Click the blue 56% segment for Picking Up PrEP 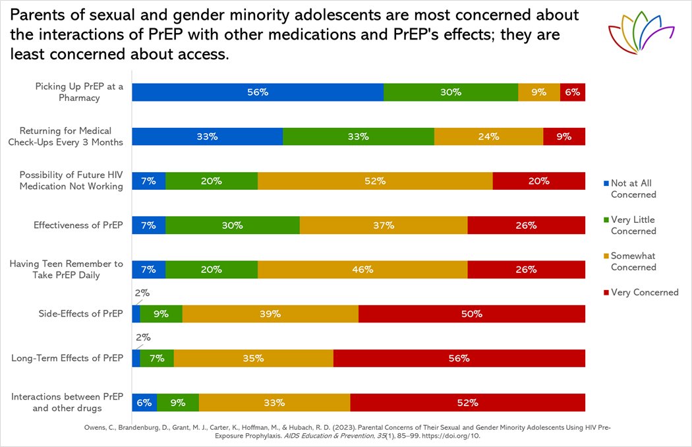(x=258, y=92)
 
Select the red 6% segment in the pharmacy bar (x=573, y=92)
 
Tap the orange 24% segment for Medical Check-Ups (x=488, y=136)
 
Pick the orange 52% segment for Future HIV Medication (x=375, y=181)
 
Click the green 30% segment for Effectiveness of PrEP (x=233, y=225)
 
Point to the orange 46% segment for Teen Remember (x=362, y=270)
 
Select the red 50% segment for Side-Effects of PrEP (x=472, y=314)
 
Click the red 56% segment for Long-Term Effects (x=459, y=358)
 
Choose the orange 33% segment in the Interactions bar (x=274, y=403)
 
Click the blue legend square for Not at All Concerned (x=606, y=183)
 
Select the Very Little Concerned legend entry (x=633, y=225)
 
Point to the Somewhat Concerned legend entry (x=633, y=262)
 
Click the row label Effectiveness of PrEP (x=78, y=225)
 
